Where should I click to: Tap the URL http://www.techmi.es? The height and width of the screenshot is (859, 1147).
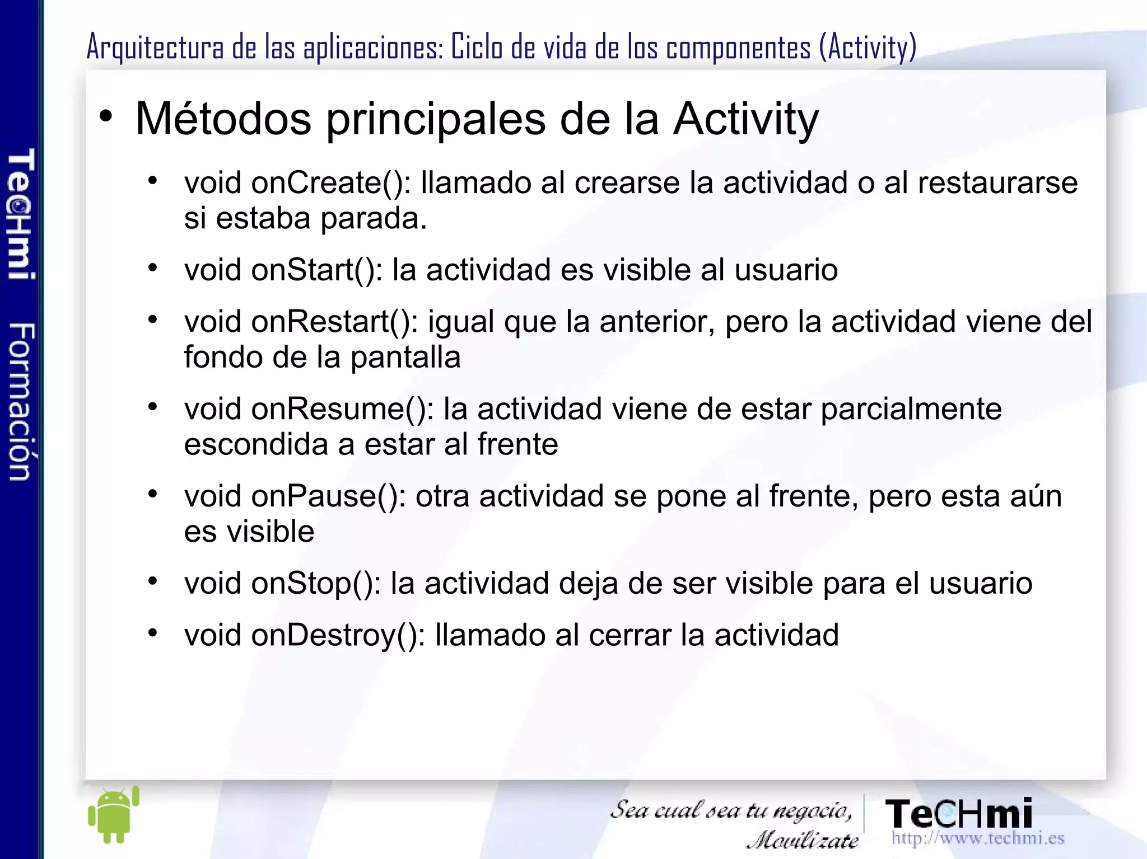click(978, 838)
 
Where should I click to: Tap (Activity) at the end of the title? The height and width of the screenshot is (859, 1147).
click(868, 47)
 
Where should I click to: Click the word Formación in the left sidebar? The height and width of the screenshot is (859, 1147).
click(21, 401)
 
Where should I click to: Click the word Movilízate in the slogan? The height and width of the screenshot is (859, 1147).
click(803, 840)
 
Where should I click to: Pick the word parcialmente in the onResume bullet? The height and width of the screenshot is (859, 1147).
click(911, 409)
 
